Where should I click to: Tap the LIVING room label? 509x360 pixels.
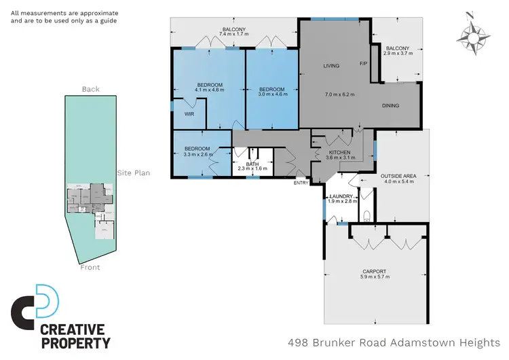(331, 66)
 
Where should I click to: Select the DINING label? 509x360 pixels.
(390, 105)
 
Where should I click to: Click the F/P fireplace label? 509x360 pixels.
(363, 64)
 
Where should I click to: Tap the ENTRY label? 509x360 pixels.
(301, 183)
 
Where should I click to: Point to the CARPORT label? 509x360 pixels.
(374, 271)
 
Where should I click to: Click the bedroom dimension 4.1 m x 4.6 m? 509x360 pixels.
(209, 90)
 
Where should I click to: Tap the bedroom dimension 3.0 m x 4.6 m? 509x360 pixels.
(272, 94)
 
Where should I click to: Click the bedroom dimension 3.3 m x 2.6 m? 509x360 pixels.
(198, 154)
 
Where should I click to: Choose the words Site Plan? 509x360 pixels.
(133, 173)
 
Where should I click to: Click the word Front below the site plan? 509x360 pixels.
(90, 267)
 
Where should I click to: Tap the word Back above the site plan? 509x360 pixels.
(90, 89)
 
